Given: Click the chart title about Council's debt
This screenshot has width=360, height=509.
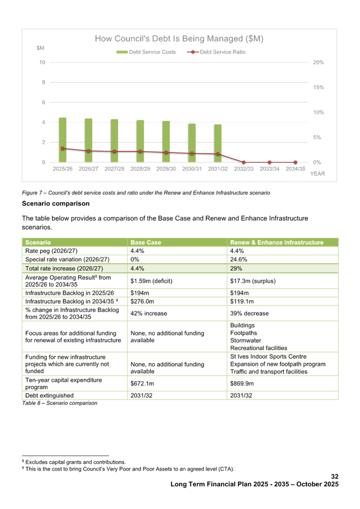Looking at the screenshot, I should pos(179,38).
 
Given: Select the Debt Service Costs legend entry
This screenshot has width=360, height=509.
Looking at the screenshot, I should pos(146,52).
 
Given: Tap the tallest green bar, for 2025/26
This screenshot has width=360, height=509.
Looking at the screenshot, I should pos(62,140).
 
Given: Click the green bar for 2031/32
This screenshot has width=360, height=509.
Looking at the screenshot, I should pos(218,143).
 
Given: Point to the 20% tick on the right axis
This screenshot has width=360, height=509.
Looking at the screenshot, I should pos(318,62).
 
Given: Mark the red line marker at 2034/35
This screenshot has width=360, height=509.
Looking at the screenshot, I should pos(295,163).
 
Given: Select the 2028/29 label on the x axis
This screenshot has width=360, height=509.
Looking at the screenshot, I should pos(140,168).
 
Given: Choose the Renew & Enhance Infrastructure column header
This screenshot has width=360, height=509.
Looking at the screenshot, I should pos(277,242).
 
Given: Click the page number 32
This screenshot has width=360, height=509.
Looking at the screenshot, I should pos(335,477).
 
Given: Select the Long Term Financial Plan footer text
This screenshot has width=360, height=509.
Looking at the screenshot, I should pos(254,485).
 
